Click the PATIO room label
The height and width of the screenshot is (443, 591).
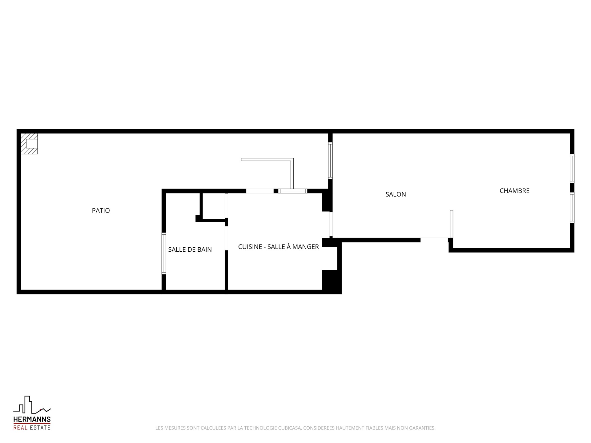(101, 210)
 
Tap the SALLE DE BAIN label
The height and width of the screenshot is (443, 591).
(190, 249)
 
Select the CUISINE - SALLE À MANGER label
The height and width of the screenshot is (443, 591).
(279, 246)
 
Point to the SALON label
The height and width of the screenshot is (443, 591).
(396, 194)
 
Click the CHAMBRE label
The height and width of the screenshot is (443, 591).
(515, 191)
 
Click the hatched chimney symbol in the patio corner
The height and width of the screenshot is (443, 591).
(29, 144)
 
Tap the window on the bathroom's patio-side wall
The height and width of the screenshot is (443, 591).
(164, 253)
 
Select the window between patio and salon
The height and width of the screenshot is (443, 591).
(330, 161)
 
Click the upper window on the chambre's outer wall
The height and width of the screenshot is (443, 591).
(572, 169)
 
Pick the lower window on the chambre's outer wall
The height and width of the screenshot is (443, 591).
(572, 208)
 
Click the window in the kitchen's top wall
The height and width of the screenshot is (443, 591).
(293, 191)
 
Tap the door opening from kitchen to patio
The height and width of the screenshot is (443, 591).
(260, 191)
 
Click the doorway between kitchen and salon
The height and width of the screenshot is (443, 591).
(331, 225)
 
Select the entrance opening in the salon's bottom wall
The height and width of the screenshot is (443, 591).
(434, 240)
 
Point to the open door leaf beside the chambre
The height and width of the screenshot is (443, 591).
(452, 224)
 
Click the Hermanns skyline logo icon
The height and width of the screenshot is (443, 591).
(32, 405)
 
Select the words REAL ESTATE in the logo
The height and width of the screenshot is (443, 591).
(32, 428)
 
